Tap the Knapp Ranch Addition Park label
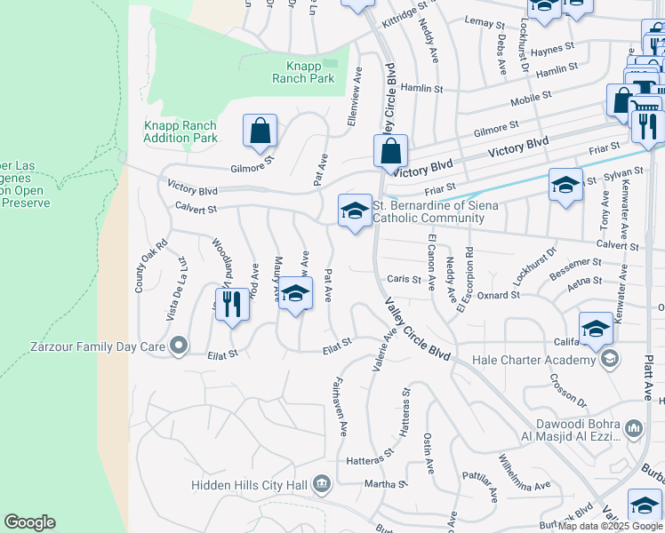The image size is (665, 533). pos(180,131)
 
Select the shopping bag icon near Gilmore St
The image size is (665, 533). pos(260,131)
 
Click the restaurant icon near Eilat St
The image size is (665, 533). pos(231,305)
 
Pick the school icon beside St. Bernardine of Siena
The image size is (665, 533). pos(355,211)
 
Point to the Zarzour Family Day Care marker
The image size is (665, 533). pos(179,344)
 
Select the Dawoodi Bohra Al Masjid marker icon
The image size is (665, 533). pos(634,429)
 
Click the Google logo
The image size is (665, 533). pos(29,522)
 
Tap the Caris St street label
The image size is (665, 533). pos(404,279)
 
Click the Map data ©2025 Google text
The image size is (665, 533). pos(611,526)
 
